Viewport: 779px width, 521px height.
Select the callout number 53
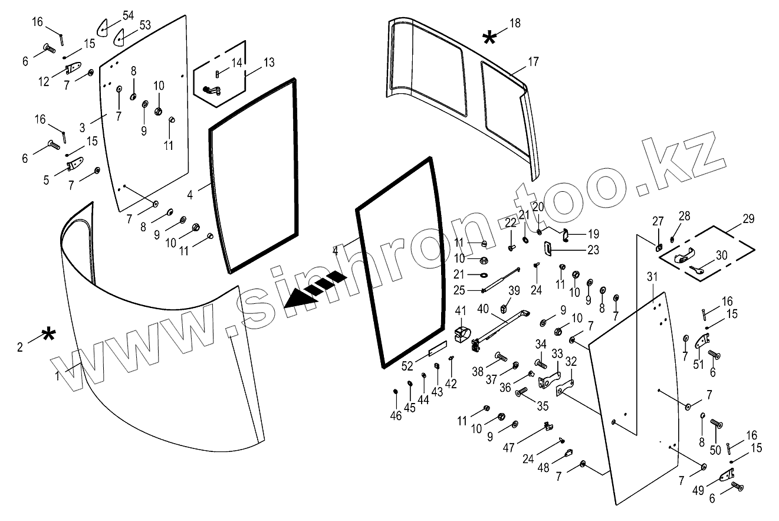point(145,25)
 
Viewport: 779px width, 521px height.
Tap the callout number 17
point(533,61)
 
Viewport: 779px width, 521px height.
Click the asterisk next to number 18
point(489,39)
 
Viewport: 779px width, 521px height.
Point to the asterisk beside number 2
point(48,337)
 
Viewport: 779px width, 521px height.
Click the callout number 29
point(748,219)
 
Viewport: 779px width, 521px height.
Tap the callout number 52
point(406,366)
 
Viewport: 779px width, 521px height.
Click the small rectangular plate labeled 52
point(438,350)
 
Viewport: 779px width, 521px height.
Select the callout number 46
point(396,416)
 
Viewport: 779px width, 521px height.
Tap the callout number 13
point(268,63)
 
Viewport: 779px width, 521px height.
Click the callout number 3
point(83,127)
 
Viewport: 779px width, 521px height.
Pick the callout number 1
point(57,375)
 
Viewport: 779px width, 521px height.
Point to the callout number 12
point(44,82)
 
